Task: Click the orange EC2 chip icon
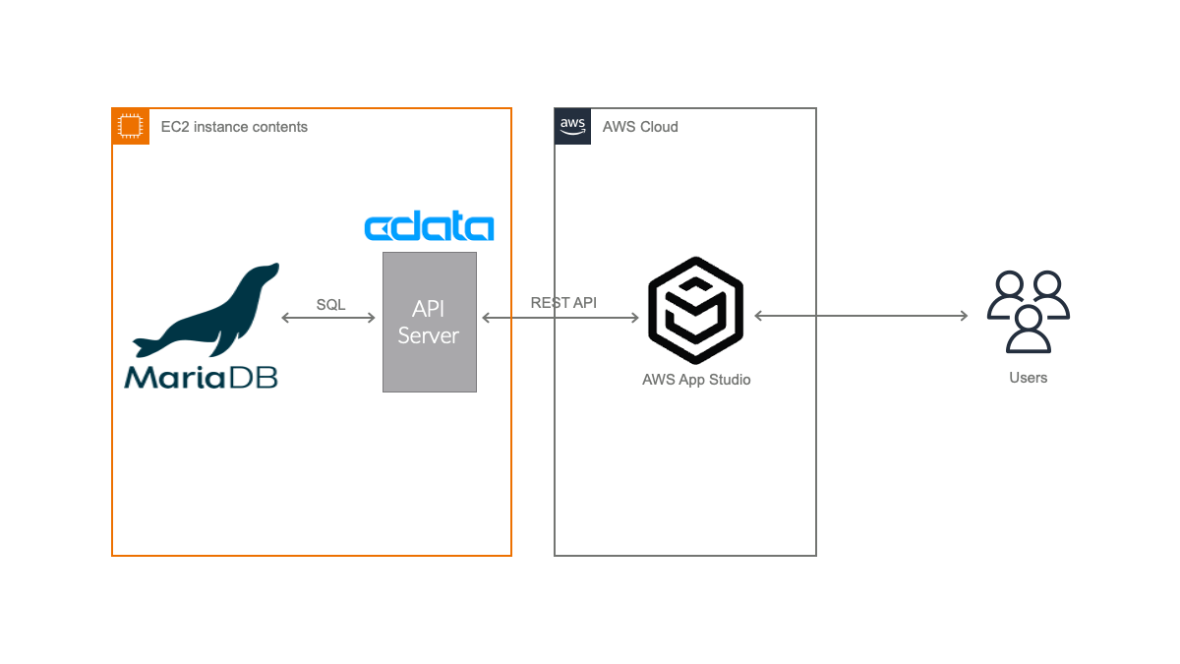coord(131,127)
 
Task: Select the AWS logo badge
coord(572,127)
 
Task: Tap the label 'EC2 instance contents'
coord(234,127)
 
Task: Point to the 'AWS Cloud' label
coord(640,127)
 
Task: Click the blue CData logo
coord(429,227)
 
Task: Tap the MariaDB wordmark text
coord(201,377)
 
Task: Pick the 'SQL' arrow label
coord(330,305)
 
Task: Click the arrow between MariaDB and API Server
coord(328,318)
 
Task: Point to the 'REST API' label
coord(563,303)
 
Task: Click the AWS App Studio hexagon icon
coord(695,311)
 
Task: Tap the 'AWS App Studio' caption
coord(696,380)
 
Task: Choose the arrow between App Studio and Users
coord(860,316)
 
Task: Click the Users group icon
coord(1028,313)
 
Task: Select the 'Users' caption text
coord(1028,378)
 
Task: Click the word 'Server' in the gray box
coord(429,335)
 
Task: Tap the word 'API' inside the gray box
coord(429,309)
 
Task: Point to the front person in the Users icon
coord(1028,332)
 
